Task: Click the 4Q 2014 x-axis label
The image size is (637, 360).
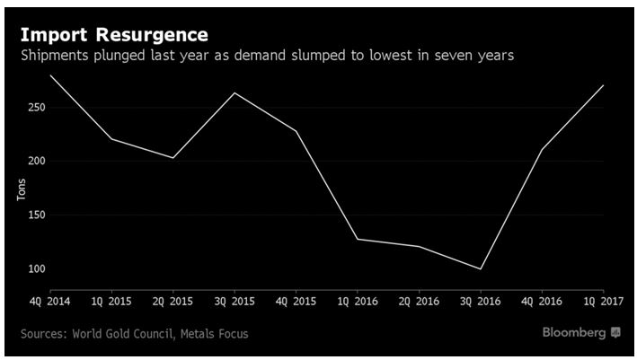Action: pyautogui.click(x=49, y=300)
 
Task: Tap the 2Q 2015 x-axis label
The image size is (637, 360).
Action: pyautogui.click(x=173, y=300)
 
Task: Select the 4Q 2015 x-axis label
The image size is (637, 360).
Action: pyautogui.click(x=296, y=300)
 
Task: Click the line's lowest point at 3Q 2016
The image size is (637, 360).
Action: pyautogui.click(x=482, y=269)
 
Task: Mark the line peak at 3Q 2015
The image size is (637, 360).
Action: pyautogui.click(x=234, y=92)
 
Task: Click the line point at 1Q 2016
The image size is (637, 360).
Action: pyautogui.click(x=358, y=239)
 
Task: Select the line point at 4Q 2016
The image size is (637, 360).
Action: pyautogui.click(x=542, y=149)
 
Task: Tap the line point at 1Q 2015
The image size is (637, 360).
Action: pyautogui.click(x=111, y=139)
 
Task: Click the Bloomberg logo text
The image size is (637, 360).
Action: pyautogui.click(x=574, y=333)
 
